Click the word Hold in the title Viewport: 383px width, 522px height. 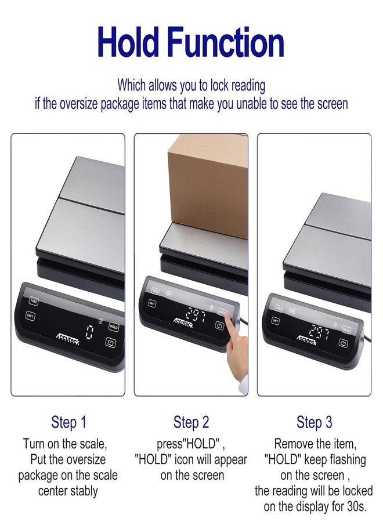pyautogui.click(x=128, y=42)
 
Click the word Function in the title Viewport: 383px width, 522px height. pyautogui.click(x=226, y=42)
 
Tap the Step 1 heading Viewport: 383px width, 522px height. pyautogui.click(x=68, y=422)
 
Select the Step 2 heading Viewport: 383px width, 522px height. pyautogui.click(x=191, y=422)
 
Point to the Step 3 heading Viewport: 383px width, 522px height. pyautogui.click(x=315, y=422)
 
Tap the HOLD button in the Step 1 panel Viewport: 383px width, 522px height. pyautogui.click(x=114, y=327)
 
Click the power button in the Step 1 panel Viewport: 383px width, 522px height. pyautogui.click(x=111, y=342)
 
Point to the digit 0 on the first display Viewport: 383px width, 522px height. pyautogui.click(x=89, y=332)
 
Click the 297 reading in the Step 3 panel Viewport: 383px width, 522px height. pyautogui.click(x=320, y=331)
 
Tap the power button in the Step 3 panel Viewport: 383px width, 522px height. pyautogui.click(x=343, y=343)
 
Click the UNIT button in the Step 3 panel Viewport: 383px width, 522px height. pyautogui.click(x=275, y=321)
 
